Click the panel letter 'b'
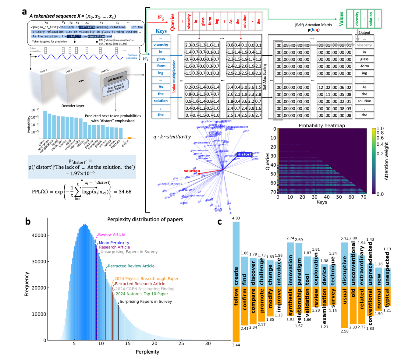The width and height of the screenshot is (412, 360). tap(28, 221)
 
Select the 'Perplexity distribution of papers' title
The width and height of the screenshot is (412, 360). tap(145, 219)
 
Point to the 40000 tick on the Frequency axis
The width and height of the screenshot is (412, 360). tap(39, 235)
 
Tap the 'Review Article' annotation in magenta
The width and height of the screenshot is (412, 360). tap(112, 235)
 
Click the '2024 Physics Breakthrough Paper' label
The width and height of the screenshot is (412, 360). tap(146, 278)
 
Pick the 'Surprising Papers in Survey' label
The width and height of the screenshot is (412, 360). tap(146, 301)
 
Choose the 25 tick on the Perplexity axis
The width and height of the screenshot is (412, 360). tap(181, 343)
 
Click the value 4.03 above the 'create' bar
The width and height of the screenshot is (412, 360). tap(236, 218)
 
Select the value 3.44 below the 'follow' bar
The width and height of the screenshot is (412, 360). tap(236, 345)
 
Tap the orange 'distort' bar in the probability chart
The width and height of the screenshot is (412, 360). tap(130, 138)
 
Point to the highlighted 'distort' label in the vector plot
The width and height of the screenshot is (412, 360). tap(244, 154)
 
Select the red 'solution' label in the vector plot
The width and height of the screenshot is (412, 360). tap(192, 171)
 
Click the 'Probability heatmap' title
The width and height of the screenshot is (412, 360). tap(322, 125)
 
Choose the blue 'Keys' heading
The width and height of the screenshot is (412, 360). tap(161, 31)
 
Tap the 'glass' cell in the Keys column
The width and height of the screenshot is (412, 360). tap(161, 59)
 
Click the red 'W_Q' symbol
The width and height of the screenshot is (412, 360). tap(161, 18)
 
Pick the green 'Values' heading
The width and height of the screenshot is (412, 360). tap(341, 19)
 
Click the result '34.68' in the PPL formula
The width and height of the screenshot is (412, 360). tap(125, 192)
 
